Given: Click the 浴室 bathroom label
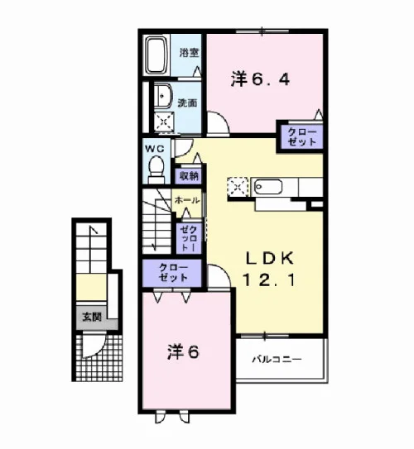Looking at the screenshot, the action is (x=190, y=53).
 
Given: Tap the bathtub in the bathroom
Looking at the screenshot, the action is (x=156, y=55).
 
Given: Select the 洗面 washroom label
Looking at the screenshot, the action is (x=187, y=103).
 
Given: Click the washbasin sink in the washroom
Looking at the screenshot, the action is (x=163, y=96).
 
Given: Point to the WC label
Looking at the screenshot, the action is (x=155, y=149).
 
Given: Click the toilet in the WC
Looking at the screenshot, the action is (x=156, y=170).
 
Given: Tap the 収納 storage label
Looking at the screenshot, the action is (x=189, y=175).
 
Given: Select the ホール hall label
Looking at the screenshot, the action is (x=187, y=200).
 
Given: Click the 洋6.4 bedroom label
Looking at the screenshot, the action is (x=260, y=79).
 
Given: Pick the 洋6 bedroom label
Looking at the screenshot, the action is (x=183, y=352).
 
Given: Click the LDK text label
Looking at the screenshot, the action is (x=270, y=258).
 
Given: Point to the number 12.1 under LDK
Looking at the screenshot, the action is (x=268, y=279).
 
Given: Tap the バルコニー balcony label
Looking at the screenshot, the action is (x=277, y=359).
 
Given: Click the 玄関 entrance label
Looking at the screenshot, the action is (x=92, y=317).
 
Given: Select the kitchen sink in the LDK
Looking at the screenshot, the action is (x=267, y=187).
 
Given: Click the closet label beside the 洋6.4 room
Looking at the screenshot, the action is (x=302, y=137).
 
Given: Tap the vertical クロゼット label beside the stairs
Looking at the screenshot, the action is (x=189, y=238).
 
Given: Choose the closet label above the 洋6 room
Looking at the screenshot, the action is (x=173, y=272).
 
